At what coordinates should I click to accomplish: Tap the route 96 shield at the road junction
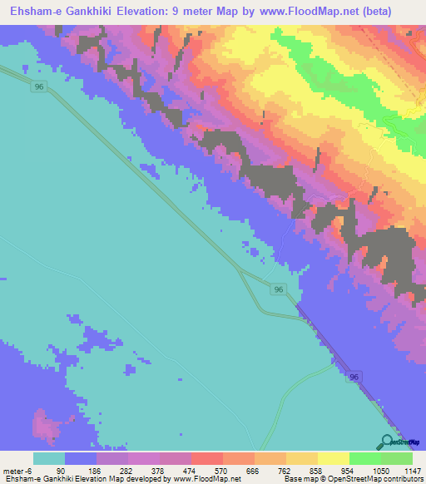point(279,289)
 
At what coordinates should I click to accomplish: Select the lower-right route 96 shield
point(354,377)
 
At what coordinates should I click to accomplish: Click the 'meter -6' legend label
point(18,471)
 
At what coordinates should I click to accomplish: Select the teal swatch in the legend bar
point(49,458)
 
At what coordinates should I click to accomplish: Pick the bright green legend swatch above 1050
point(364,458)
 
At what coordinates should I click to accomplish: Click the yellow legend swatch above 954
point(334,458)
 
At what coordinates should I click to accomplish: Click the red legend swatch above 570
point(207,458)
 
